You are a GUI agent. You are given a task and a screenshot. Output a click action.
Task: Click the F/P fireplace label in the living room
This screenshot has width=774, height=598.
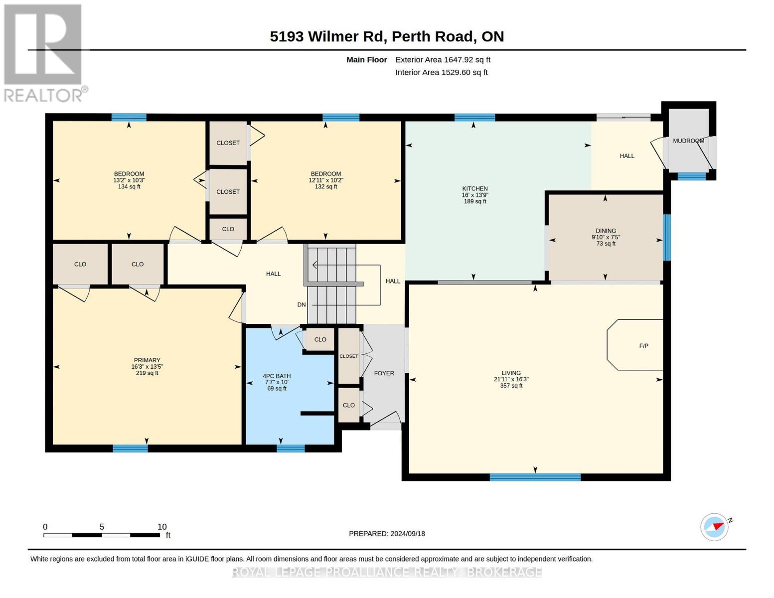[643, 346]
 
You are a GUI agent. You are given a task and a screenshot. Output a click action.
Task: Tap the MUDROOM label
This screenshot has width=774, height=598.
[688, 141]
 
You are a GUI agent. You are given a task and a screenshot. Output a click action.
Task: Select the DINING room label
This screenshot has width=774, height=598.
[606, 231]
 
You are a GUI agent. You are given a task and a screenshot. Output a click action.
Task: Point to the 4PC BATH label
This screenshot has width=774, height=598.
[277, 376]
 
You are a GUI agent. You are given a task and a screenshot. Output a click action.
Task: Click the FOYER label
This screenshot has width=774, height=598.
[384, 373]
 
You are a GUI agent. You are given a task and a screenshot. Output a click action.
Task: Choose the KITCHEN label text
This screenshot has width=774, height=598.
[474, 188]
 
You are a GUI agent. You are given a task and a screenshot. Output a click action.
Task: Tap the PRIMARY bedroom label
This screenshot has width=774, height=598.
[147, 360]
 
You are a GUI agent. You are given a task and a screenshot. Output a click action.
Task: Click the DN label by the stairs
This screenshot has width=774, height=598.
[302, 304]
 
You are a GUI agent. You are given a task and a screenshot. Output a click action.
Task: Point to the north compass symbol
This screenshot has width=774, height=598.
[714, 527]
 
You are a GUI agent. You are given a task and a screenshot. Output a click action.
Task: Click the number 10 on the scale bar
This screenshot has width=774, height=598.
[162, 526]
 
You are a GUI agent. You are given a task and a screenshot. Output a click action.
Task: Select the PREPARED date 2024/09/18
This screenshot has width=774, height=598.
[408, 533]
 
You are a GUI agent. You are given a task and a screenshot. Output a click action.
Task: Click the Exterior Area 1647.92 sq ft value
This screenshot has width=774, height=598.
[443, 59]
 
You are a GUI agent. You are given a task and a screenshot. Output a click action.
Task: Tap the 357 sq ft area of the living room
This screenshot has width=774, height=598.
[511, 385]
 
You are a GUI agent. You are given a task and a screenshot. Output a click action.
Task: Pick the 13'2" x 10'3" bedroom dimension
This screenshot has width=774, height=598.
[129, 180]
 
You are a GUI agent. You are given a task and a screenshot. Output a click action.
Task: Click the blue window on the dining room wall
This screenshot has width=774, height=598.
[666, 237]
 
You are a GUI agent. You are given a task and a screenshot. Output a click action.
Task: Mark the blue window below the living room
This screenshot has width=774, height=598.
[535, 477]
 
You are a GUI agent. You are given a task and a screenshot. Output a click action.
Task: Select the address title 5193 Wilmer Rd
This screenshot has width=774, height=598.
[328, 36]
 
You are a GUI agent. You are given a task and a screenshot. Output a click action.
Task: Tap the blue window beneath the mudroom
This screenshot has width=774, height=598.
[691, 176]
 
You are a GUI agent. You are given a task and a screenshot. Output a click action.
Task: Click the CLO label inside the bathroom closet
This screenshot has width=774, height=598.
[320, 339]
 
